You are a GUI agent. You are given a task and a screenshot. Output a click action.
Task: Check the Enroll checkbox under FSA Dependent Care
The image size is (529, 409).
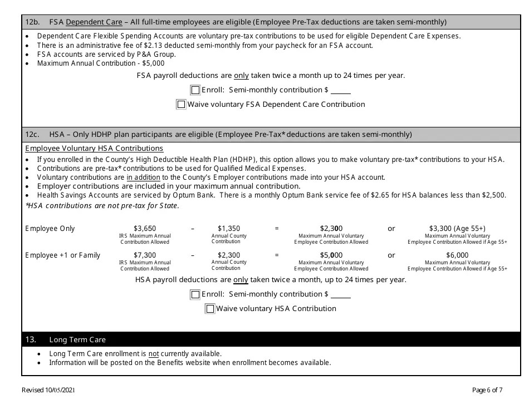click(195, 90)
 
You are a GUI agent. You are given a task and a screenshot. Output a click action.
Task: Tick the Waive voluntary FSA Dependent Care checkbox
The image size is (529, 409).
click(181, 104)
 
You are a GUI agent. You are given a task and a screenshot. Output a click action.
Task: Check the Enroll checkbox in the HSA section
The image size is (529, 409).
click(195, 295)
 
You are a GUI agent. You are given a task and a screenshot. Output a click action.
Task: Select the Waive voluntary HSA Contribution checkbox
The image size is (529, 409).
click(210, 309)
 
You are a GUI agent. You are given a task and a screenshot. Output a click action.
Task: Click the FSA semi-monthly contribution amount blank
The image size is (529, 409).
click(341, 91)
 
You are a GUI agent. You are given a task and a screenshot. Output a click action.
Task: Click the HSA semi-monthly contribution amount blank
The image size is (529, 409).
click(341, 295)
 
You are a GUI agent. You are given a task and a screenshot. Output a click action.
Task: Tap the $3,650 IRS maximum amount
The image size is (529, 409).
click(145, 229)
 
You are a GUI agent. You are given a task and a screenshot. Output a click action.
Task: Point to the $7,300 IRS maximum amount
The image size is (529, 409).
click(145, 255)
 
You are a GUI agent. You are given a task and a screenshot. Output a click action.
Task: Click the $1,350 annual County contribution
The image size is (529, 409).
click(229, 229)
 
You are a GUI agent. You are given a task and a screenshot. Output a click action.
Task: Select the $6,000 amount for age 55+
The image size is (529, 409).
click(457, 255)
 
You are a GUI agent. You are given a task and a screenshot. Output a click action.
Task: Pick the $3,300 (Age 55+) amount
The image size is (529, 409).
click(457, 229)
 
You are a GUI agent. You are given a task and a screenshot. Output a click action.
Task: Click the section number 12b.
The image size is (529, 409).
click(32, 22)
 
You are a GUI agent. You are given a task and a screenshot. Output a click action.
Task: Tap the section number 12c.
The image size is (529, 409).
click(32, 135)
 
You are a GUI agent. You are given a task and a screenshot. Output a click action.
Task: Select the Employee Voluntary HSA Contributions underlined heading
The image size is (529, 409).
click(94, 149)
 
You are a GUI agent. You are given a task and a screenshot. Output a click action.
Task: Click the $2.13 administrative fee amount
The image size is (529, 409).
click(152, 46)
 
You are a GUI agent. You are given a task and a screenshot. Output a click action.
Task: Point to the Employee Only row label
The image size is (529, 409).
click(50, 229)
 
